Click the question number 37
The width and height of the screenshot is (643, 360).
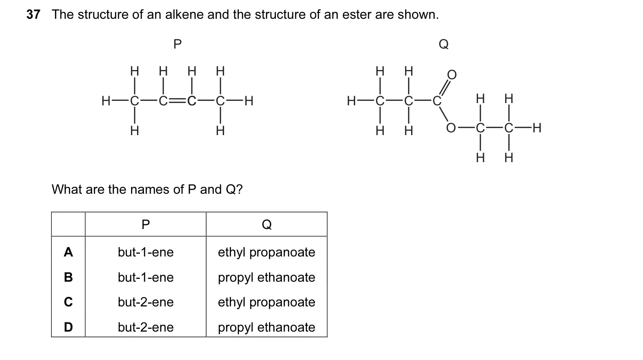pos(33,14)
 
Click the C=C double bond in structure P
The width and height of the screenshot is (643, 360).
pos(177,101)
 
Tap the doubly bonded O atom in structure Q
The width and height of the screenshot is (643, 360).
pos(452,75)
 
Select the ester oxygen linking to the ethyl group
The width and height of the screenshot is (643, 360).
pos(451,128)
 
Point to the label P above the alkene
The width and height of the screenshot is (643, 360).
pos(177,44)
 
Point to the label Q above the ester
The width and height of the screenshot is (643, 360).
pos(444,44)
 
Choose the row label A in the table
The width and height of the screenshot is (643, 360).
pos(68,252)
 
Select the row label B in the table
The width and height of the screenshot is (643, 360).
pos(68,277)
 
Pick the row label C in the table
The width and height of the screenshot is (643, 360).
pos(68,302)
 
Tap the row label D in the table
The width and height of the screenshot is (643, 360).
pos(68,327)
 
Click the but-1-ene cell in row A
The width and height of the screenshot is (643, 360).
pos(146,252)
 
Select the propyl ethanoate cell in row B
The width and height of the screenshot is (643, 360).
pos(266,278)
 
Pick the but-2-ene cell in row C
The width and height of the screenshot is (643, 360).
pos(146,302)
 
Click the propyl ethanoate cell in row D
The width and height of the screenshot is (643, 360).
pos(266,327)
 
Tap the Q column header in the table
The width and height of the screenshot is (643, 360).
pos(267,224)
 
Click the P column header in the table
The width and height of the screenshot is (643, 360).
pos(146,224)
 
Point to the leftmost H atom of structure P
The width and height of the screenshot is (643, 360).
pos(105,101)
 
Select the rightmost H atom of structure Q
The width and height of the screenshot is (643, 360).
pos(537,128)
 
